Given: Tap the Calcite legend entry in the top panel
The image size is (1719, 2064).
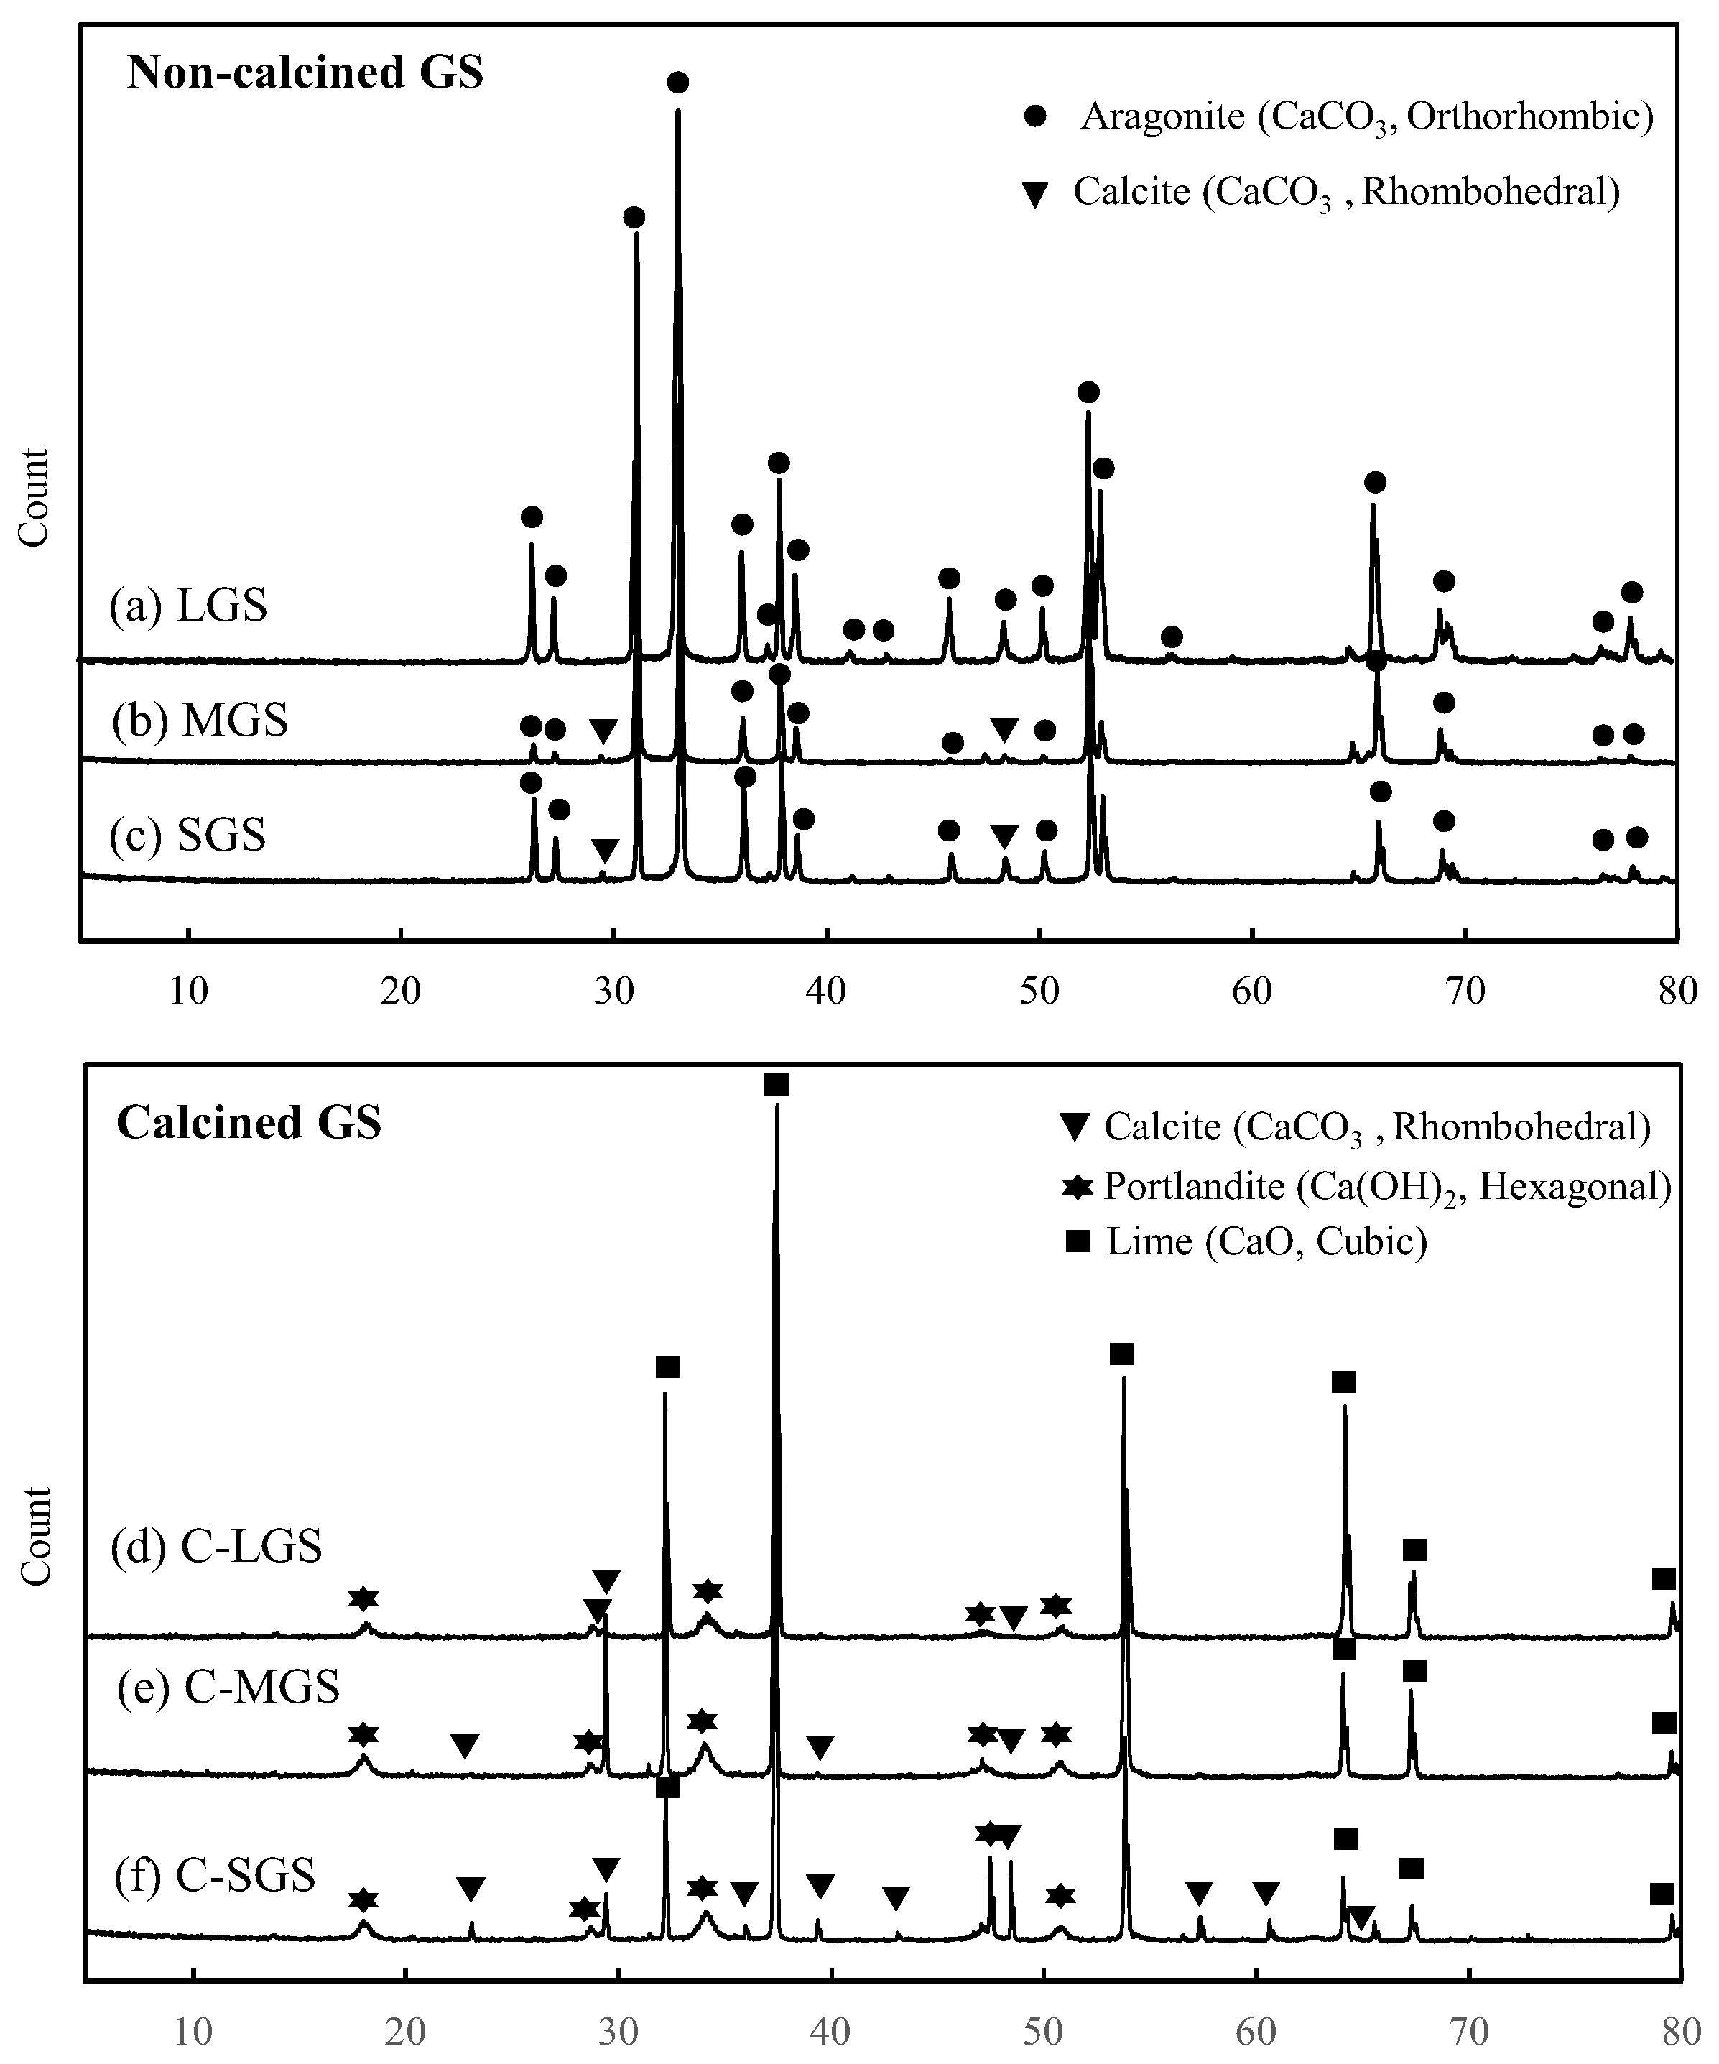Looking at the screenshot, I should [1345, 192].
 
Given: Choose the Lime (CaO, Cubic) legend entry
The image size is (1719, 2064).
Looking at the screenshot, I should [1266, 1242].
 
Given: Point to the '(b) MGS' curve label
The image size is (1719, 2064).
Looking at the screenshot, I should [200, 721].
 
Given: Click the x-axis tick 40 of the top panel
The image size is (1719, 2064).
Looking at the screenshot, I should [827, 991].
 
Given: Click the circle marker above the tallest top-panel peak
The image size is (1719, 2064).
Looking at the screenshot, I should [677, 83].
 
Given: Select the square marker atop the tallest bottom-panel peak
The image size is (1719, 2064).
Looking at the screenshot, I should [777, 1085].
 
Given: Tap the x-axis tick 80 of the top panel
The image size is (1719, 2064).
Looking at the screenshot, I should [1678, 991].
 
